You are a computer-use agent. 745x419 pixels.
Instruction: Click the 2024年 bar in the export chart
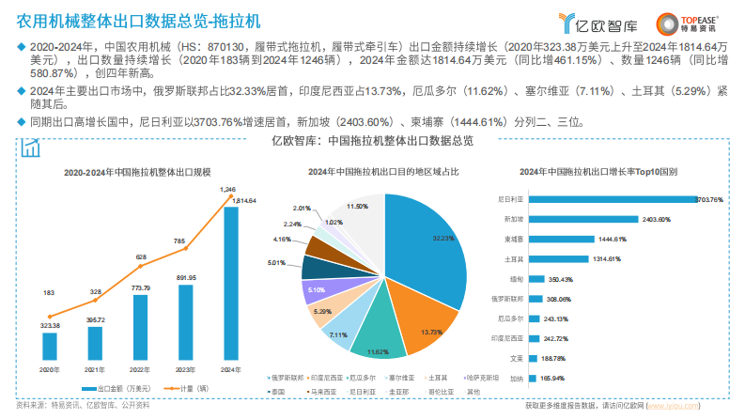pyautogui.click(x=229, y=281)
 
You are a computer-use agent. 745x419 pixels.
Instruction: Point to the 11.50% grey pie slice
pyautogui.click(x=362, y=221)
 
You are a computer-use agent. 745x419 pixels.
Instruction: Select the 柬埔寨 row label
pyautogui.click(x=513, y=239)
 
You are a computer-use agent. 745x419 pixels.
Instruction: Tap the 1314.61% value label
pyautogui.click(x=608, y=258)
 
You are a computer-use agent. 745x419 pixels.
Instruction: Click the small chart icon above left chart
pyautogui.click(x=31, y=147)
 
